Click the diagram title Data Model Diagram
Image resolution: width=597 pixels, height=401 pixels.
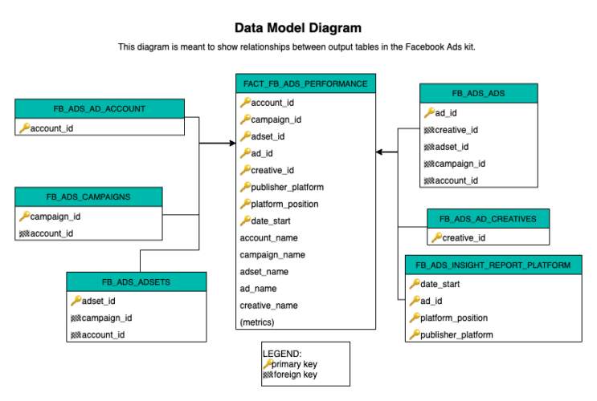click(x=298, y=29)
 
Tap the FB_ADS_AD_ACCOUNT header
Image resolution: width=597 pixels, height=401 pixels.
click(x=100, y=108)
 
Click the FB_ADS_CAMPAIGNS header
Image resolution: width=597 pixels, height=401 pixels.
click(x=88, y=196)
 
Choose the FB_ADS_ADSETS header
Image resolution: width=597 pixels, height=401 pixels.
click(x=136, y=282)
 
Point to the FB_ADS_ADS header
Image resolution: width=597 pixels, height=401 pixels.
click(x=478, y=94)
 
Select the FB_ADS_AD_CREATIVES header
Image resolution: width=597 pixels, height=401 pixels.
click(x=488, y=218)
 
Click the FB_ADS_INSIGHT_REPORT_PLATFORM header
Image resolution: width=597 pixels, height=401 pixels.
click(x=493, y=265)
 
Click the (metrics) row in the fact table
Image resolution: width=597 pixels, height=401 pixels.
click(x=257, y=322)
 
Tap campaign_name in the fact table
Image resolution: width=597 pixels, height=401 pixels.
click(x=274, y=255)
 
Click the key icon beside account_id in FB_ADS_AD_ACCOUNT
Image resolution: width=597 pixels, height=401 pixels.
click(x=24, y=128)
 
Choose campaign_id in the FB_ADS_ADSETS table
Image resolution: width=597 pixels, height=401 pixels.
click(x=108, y=318)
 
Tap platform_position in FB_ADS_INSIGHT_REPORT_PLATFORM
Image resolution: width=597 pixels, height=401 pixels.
click(x=455, y=318)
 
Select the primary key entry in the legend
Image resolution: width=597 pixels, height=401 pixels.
click(x=294, y=363)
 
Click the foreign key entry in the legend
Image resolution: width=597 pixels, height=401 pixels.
click(x=294, y=374)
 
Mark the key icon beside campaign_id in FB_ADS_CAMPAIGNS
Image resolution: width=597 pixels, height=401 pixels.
click(x=24, y=216)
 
